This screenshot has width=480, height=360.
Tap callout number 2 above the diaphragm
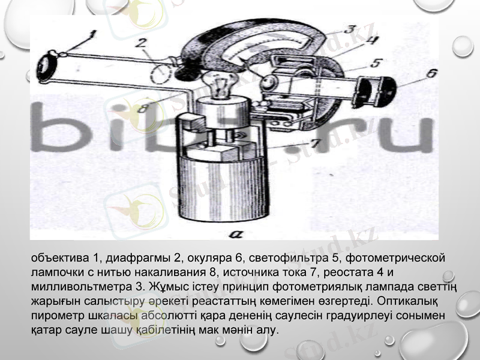click(142, 43)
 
